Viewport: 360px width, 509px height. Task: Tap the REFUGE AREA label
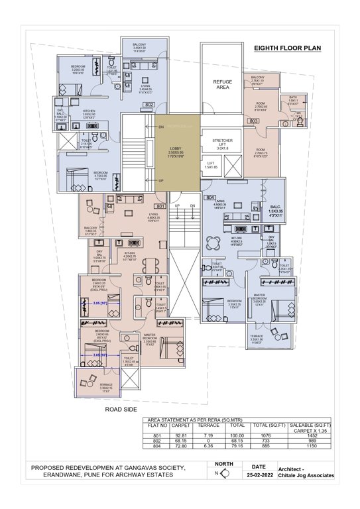[222, 84]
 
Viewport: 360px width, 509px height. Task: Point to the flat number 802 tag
[150, 105]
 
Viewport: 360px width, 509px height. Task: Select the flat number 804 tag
[211, 198]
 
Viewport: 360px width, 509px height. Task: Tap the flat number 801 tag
[160, 207]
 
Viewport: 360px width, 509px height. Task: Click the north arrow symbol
[225, 473]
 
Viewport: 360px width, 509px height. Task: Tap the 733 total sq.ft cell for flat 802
[277, 441]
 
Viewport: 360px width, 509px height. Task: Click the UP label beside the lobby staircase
[160, 180]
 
